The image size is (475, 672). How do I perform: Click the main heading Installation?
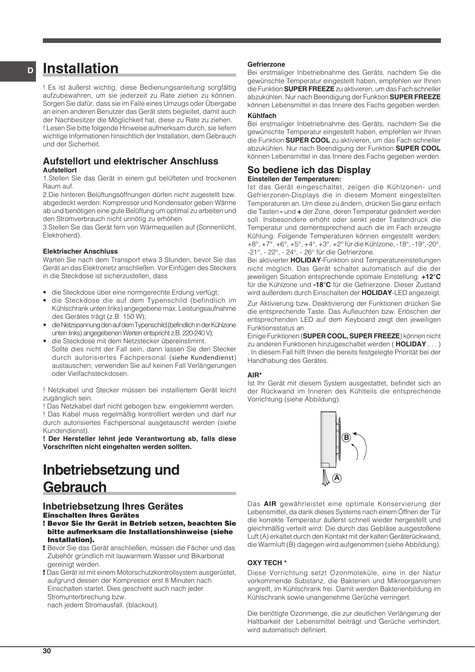(x=81, y=69)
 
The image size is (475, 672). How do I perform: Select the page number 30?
(x=47, y=651)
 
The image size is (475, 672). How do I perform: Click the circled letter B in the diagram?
(x=346, y=438)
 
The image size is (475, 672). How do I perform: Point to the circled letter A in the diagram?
(x=337, y=478)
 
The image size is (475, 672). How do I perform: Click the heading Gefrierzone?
(x=266, y=64)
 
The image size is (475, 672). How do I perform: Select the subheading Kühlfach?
(x=262, y=116)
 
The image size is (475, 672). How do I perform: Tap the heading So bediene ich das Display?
(x=309, y=170)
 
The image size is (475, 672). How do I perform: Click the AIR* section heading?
(x=255, y=375)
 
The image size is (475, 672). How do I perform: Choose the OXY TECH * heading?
(x=267, y=563)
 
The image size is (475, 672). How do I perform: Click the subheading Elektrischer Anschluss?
(x=80, y=251)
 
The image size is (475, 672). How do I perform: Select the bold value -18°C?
(x=322, y=285)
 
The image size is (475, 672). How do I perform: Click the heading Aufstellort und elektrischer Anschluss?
(x=131, y=161)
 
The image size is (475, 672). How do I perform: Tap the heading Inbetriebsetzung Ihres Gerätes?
(x=113, y=506)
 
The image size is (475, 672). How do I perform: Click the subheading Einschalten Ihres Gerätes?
(x=91, y=515)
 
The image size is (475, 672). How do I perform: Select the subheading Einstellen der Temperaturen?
(x=294, y=179)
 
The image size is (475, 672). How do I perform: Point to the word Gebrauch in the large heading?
(x=75, y=487)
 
